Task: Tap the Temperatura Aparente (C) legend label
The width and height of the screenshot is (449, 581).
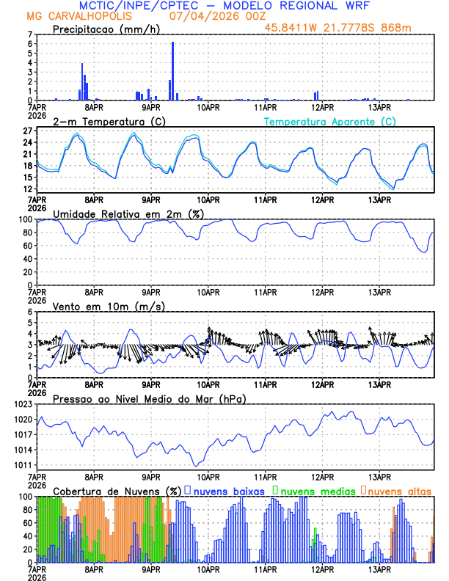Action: (329, 121)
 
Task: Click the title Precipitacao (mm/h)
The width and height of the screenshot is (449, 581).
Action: (106, 29)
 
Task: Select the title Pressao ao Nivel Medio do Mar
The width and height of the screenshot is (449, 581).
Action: (149, 398)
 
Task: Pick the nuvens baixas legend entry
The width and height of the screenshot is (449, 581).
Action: (229, 491)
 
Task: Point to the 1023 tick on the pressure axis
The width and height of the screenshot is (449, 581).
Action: (24, 404)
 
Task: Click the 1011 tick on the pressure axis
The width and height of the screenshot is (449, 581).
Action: (24, 465)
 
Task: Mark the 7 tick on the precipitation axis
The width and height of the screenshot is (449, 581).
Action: (30, 34)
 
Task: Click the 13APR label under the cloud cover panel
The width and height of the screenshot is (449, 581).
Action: (379, 569)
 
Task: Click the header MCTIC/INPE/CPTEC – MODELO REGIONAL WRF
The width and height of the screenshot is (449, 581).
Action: (224, 5)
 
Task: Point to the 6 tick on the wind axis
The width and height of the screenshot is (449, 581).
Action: (30, 312)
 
